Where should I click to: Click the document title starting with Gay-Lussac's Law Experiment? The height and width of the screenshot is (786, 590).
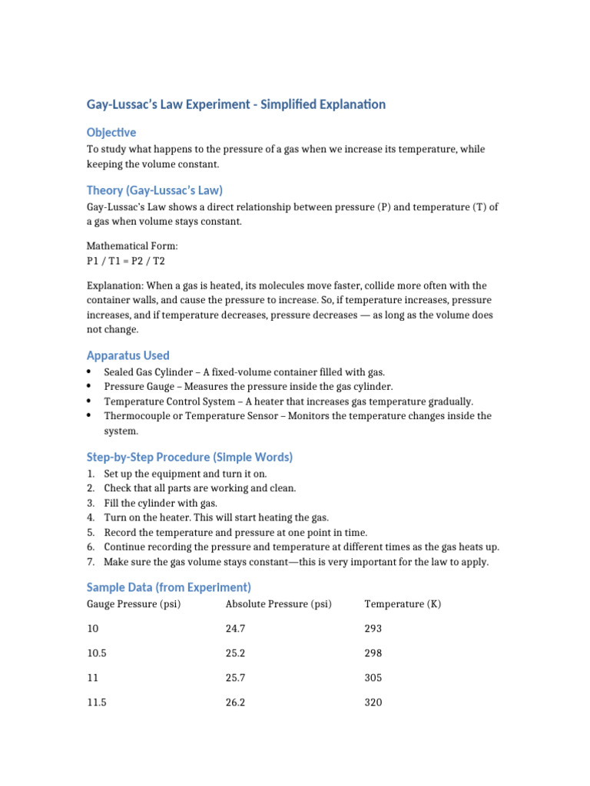236,104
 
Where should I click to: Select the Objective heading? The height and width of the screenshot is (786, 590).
111,132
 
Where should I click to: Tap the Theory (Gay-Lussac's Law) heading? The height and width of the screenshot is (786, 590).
154,190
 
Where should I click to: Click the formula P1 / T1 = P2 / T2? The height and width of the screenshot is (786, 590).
126,261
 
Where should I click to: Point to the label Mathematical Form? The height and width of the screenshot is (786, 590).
131,246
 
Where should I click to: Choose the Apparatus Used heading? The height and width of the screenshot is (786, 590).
128,355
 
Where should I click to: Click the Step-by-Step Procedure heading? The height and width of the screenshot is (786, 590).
190,457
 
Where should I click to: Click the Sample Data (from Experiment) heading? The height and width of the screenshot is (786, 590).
169,587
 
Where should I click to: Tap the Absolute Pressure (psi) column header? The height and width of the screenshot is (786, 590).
278,604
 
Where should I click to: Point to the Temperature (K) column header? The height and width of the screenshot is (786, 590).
403,604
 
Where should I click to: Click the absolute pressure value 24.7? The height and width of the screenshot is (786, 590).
235,629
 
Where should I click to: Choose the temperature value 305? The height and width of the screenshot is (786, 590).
373,678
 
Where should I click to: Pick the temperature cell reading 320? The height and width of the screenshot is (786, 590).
373,702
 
